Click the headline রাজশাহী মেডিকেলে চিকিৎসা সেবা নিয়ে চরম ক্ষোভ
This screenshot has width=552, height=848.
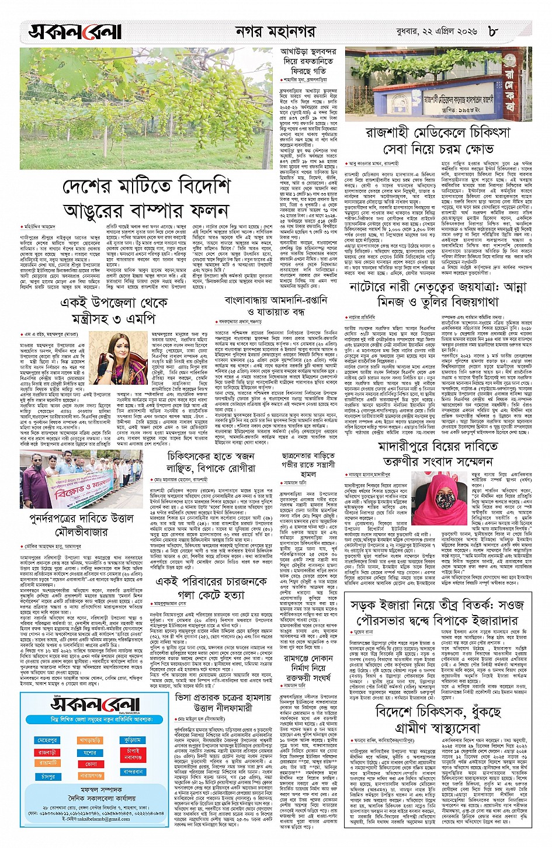pos(438,141)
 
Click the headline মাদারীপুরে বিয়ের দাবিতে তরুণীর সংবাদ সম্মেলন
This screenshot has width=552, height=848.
pos(438,454)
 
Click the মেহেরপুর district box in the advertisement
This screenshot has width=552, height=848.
pos(48,740)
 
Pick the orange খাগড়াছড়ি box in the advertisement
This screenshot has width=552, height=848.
pos(90,740)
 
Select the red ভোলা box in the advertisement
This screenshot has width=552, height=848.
pos(91,764)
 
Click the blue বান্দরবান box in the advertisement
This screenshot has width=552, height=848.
pos(133,771)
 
